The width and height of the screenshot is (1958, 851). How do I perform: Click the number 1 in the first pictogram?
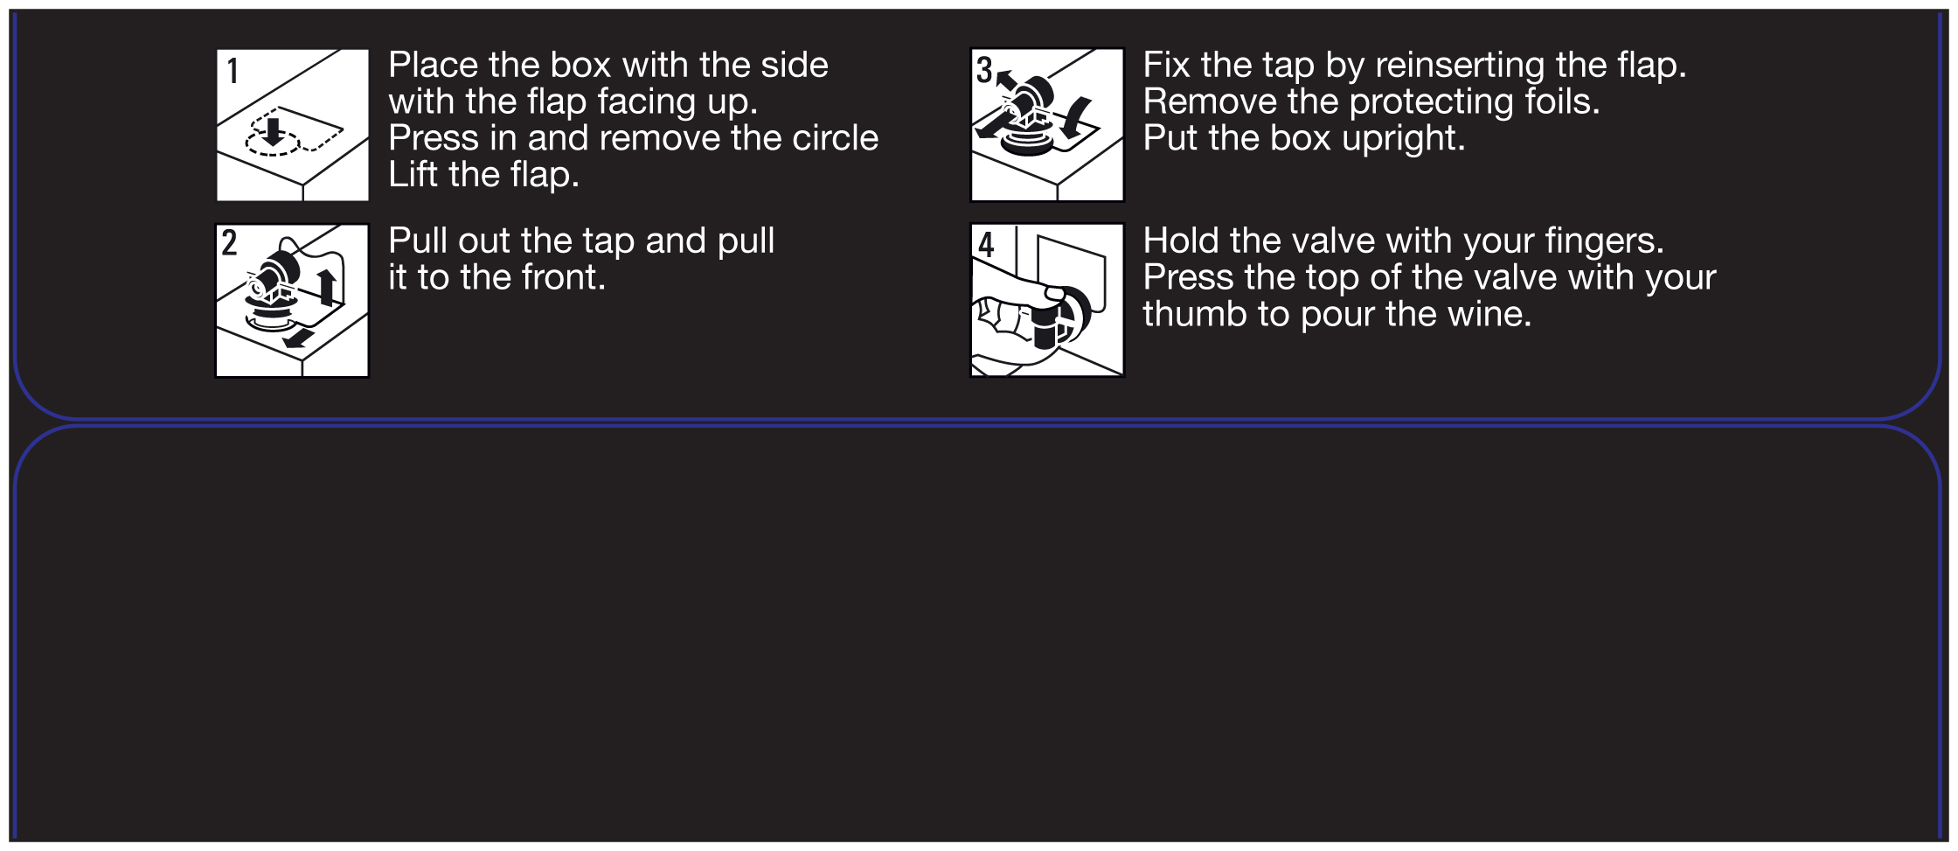[233, 71]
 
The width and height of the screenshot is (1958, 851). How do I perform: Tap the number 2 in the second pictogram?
[229, 242]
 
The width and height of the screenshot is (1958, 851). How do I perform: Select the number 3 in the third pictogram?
[984, 70]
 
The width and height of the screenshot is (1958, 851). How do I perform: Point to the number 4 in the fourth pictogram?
[986, 244]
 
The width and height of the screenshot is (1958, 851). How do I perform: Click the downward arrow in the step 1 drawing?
[274, 131]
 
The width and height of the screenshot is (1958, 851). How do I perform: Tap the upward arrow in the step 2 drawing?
[327, 287]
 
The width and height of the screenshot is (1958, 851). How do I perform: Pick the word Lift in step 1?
[413, 175]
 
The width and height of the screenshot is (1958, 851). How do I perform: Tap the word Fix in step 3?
[1167, 65]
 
